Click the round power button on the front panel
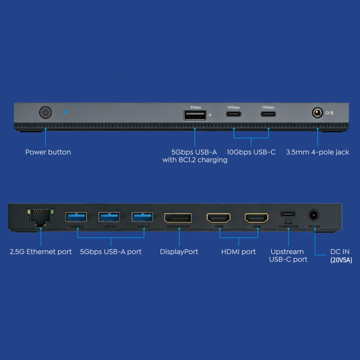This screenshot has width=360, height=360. [45, 112]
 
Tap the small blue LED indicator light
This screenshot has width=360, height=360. [66, 112]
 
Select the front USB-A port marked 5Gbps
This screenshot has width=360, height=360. [195, 115]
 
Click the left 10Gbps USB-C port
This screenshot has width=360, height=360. [234, 114]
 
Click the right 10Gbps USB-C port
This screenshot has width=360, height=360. [268, 114]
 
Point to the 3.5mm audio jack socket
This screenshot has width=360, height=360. [318, 112]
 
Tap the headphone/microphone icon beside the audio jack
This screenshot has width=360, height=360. [329, 112]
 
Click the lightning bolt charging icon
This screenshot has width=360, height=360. [210, 115]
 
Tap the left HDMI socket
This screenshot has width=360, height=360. [219, 218]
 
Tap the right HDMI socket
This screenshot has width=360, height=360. [256, 218]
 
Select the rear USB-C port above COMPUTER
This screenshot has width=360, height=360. [288, 214]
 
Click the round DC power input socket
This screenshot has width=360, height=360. [314, 215]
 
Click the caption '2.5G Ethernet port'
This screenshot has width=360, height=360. [40, 252]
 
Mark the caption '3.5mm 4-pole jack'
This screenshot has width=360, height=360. [318, 152]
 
